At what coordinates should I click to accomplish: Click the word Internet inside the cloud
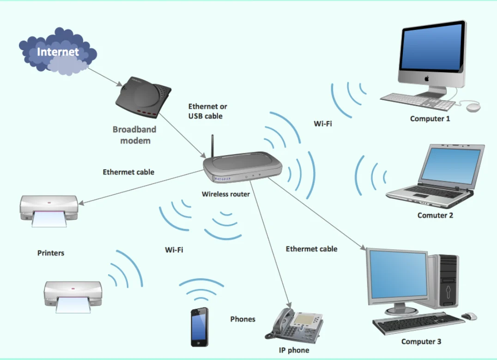58,52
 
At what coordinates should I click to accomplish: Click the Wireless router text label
225,194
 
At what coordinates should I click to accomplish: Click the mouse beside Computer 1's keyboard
473,107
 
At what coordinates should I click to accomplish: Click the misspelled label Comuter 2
435,216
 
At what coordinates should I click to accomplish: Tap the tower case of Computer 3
446,282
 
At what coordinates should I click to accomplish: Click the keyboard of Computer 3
418,323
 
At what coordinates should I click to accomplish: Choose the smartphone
200,327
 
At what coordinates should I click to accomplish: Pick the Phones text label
242,319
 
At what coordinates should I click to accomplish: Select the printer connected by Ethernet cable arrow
48,210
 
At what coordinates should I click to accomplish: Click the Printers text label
51,253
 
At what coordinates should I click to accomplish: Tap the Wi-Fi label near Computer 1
322,124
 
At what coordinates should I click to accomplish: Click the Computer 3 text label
421,342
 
